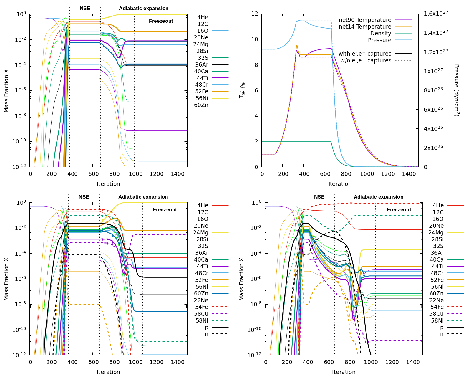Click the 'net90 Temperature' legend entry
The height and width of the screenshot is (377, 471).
(365, 20)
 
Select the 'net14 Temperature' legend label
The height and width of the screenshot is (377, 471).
(365, 27)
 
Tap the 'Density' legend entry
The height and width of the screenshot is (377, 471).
(381, 34)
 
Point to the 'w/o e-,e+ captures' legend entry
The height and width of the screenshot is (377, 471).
(366, 61)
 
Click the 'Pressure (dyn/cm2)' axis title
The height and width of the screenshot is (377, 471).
(456, 90)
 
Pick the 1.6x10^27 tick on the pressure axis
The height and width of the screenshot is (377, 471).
(436, 14)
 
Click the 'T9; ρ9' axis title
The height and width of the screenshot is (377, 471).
(242, 90)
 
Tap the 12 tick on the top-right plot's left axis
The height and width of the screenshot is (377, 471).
(255, 14)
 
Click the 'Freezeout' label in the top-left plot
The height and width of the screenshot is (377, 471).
(161, 21)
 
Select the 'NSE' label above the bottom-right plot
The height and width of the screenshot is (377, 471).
(319, 197)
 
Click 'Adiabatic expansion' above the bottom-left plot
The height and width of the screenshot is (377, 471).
(143, 197)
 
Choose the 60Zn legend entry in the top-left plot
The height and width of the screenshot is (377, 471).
(201, 105)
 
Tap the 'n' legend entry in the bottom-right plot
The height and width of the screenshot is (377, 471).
(442, 334)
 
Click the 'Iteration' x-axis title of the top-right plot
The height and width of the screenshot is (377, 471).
(340, 184)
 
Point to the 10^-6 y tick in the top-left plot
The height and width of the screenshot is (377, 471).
(20, 90)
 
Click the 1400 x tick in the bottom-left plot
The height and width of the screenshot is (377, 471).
(178, 362)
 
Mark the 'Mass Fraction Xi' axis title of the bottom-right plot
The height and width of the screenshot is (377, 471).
(242, 278)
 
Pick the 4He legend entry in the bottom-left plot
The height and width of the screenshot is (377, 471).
(203, 206)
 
